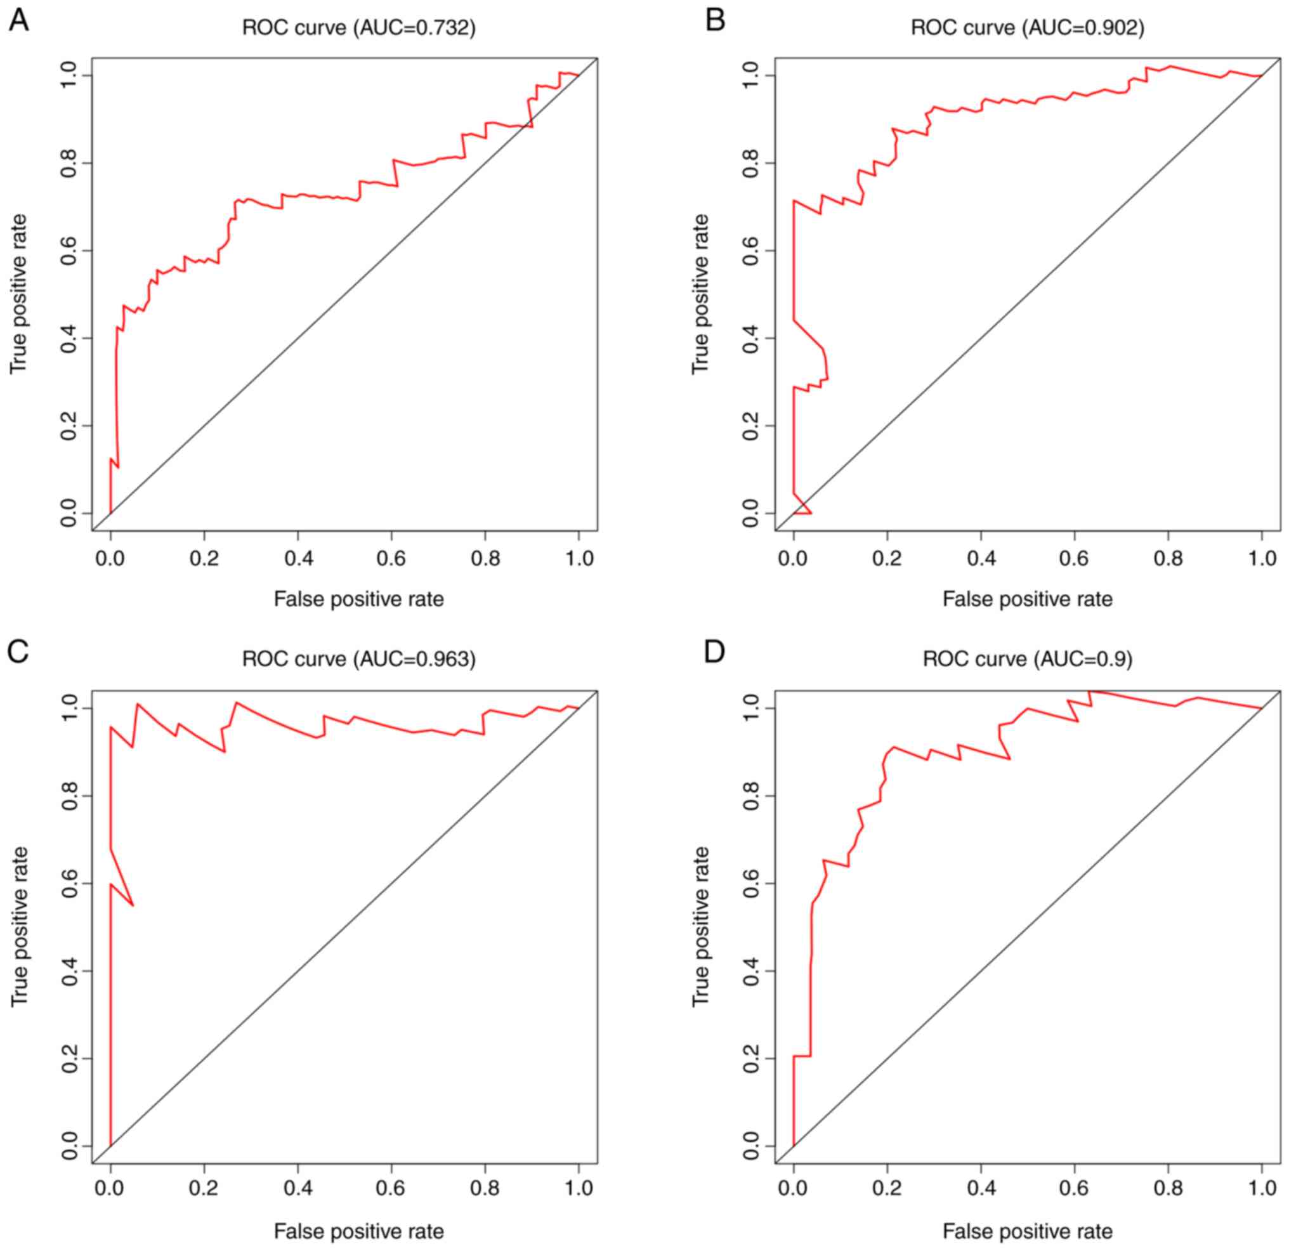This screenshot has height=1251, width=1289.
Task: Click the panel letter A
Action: coord(18,20)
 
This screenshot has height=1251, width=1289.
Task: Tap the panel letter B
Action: coord(715,20)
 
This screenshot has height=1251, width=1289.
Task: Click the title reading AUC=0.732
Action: coord(358,29)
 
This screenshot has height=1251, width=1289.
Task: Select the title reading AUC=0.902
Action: coord(1027,29)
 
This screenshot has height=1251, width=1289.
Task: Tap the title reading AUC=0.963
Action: coord(358,659)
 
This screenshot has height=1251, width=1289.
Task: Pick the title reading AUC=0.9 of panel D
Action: coord(1027,659)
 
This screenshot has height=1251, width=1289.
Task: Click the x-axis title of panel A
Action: coord(358,599)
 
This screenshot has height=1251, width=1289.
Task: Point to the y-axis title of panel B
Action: coord(701,294)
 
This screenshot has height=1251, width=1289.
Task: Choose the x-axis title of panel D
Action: coord(1027,1232)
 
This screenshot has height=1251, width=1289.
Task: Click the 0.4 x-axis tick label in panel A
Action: coord(298,558)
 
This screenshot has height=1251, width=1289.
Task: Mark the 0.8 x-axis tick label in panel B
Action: coord(1168,558)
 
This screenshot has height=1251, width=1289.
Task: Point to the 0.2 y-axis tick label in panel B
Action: coord(750,426)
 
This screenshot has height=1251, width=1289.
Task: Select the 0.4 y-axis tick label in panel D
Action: coord(750,971)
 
